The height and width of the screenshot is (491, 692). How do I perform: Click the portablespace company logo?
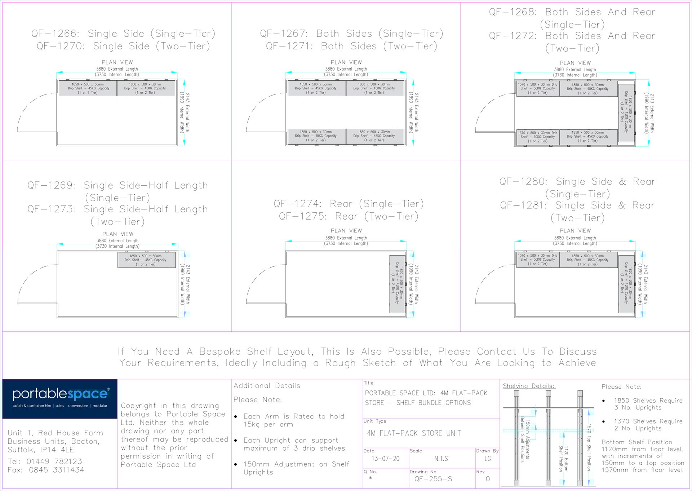pos(60,398)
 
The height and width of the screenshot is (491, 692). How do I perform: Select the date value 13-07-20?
pos(386,459)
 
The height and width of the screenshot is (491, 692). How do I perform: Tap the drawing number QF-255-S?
pos(433,479)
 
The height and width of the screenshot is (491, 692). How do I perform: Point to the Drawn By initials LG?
pos(488,459)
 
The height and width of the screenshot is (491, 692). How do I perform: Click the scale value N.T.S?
pos(441,459)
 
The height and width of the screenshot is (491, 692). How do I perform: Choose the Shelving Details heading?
pos(528,386)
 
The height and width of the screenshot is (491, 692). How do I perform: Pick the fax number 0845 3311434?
pos(56,470)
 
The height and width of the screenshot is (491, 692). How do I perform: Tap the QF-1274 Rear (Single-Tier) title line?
pos(348,204)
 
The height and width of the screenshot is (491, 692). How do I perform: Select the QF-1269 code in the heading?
pos(51,185)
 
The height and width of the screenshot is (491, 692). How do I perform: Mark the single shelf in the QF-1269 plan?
pos(146,260)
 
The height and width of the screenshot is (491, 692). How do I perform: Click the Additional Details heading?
pos(267,386)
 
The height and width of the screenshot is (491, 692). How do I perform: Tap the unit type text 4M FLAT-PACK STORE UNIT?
pos(414,433)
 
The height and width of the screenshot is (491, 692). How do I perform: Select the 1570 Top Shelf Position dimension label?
pos(589,447)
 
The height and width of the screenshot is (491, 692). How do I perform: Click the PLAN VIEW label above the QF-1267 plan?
pos(346,62)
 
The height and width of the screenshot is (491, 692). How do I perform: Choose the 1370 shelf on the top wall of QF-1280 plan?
pos(537,260)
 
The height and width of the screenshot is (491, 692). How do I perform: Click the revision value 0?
pos(488,479)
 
